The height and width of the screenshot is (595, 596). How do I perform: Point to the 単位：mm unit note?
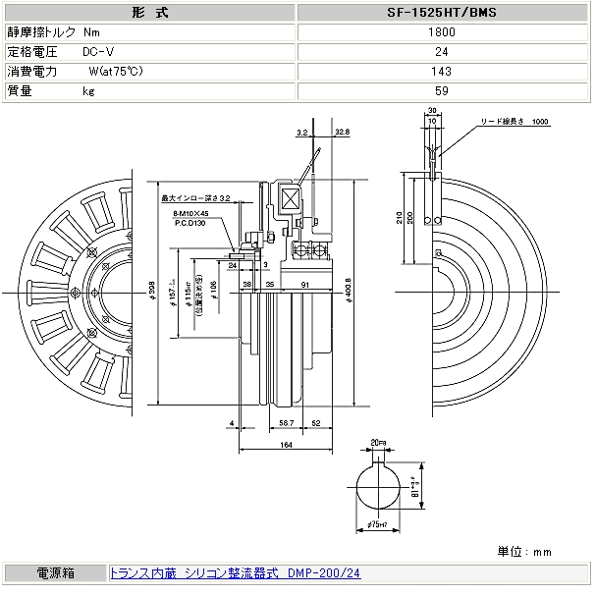coord(525,552)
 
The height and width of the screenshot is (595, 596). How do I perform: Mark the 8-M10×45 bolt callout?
coord(190,212)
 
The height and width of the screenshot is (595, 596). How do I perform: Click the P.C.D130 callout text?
coord(189,222)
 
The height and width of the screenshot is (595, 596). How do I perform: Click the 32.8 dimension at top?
coord(342,132)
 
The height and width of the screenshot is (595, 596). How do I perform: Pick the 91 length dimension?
coord(306,284)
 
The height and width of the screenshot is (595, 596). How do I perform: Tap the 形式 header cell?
coord(148,14)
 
